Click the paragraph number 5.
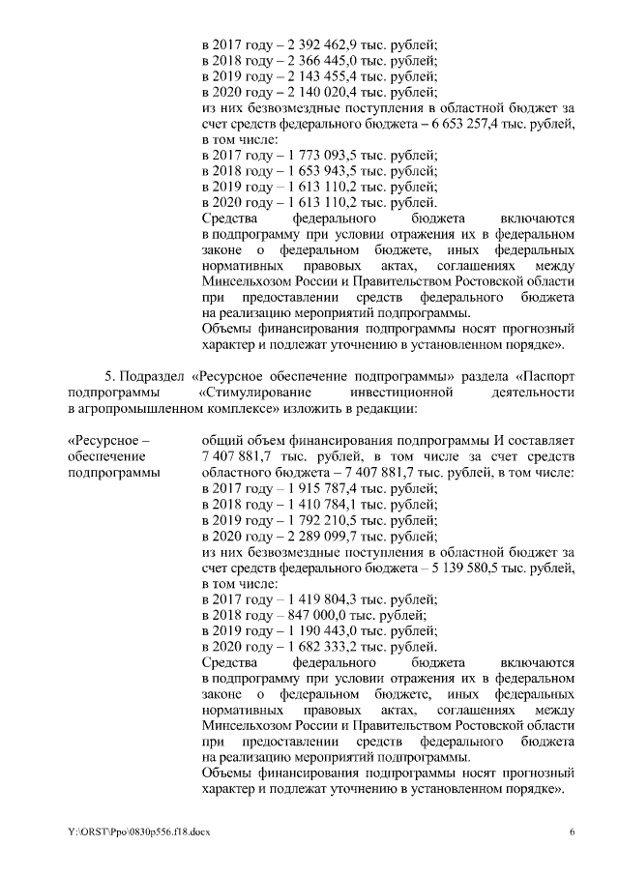click(108, 375)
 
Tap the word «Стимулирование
click(245, 392)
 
